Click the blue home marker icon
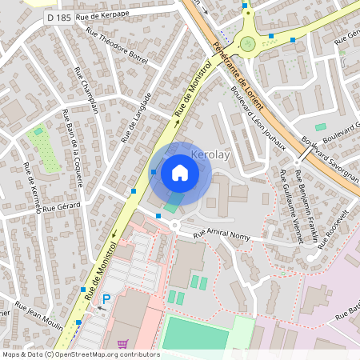pyautogui.click(x=180, y=173)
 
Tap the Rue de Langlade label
pyautogui.click(x=136, y=118)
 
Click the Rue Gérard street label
pyautogui.click(x=59, y=206)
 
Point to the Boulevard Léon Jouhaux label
pyautogui.click(x=258, y=118)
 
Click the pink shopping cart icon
pyautogui.click(x=122, y=344)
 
